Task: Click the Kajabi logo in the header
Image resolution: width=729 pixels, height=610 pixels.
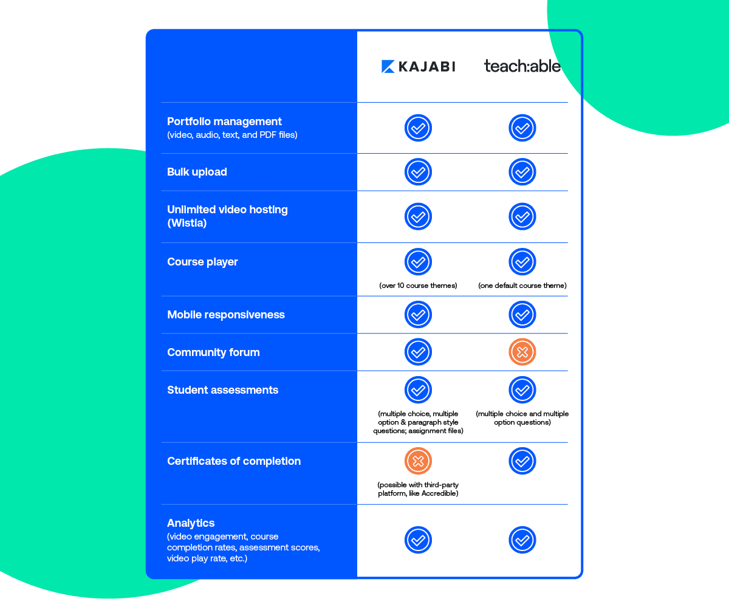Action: (x=418, y=66)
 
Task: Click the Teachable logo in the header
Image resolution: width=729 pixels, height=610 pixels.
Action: (x=522, y=66)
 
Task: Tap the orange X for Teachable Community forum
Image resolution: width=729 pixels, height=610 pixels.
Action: (x=522, y=352)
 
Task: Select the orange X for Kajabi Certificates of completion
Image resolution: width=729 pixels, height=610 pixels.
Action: (x=418, y=461)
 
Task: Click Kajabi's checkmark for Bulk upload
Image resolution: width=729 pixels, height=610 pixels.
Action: (x=418, y=172)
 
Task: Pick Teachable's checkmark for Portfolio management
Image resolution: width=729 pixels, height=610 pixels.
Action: (x=522, y=128)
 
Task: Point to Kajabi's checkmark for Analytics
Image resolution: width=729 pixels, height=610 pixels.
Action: (x=418, y=540)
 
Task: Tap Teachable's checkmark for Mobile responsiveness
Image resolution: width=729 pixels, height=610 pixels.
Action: (x=522, y=314)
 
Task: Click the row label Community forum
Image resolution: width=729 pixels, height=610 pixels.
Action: (x=213, y=352)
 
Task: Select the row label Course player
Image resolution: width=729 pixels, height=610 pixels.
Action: (x=202, y=262)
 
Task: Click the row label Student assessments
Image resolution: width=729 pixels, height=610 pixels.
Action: (x=222, y=390)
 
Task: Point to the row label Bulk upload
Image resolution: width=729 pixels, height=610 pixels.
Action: (x=197, y=172)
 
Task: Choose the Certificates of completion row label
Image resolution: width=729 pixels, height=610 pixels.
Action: (x=234, y=461)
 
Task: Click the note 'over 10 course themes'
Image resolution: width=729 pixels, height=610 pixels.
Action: (x=418, y=286)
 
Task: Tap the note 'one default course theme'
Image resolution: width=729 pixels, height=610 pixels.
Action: (x=522, y=286)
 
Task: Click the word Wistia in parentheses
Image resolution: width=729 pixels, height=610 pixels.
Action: (x=187, y=223)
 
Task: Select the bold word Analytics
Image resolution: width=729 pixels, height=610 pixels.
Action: (x=191, y=523)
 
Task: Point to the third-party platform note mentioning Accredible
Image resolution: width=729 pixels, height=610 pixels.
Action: (x=418, y=489)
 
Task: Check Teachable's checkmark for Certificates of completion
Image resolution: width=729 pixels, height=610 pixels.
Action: (x=522, y=461)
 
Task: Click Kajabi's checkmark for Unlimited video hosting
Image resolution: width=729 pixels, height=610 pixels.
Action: (x=418, y=216)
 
